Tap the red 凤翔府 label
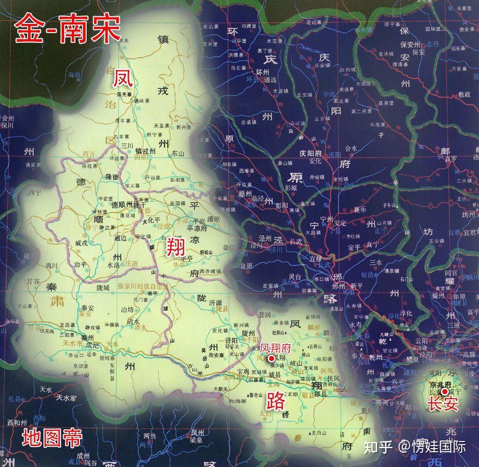point(275,347)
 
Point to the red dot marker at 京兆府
point(445,391)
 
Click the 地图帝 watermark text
point(51,438)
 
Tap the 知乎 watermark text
point(378,447)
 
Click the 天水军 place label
point(66,398)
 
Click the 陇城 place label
point(103,288)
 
